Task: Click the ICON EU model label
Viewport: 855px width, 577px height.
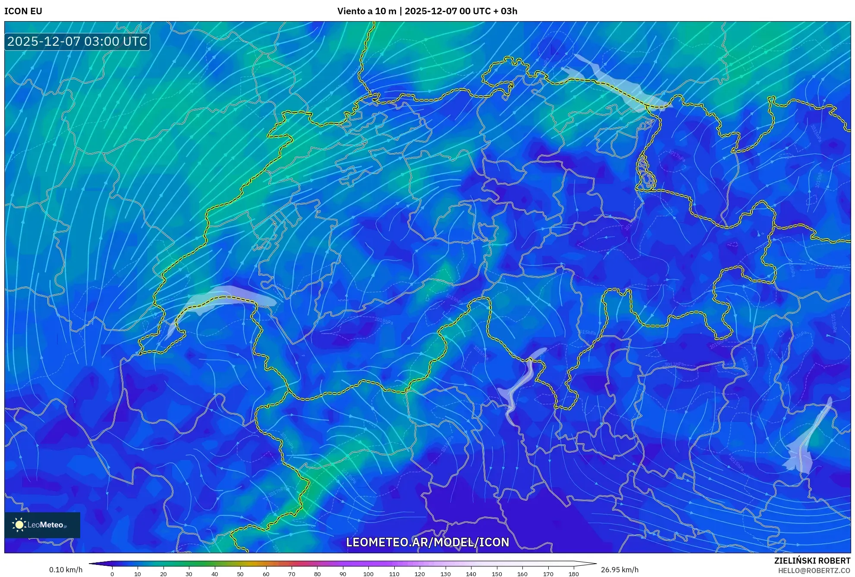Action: pos(23,11)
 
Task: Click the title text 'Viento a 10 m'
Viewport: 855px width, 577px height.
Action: pos(366,11)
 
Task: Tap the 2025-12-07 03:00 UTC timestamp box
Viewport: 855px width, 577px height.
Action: pos(77,42)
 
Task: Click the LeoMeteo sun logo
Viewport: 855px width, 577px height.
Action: pos(19,525)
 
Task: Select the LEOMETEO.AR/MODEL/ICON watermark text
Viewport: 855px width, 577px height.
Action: pos(427,542)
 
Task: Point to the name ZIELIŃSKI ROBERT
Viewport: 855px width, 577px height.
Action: pos(812,561)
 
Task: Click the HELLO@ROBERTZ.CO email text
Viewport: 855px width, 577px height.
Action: pos(814,571)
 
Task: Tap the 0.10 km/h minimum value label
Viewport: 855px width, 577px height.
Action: pos(66,570)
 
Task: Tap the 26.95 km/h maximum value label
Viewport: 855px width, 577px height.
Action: pos(619,570)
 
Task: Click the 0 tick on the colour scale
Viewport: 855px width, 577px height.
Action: pos(112,574)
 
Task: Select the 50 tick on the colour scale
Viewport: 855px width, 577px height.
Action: pos(240,574)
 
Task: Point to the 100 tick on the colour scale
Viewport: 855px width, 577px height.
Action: pos(368,574)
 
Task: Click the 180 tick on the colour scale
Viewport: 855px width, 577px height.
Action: pos(573,574)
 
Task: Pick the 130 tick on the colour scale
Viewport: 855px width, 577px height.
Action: pos(445,574)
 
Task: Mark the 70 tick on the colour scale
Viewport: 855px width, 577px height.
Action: pos(292,574)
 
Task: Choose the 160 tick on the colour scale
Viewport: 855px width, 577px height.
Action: pos(522,574)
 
